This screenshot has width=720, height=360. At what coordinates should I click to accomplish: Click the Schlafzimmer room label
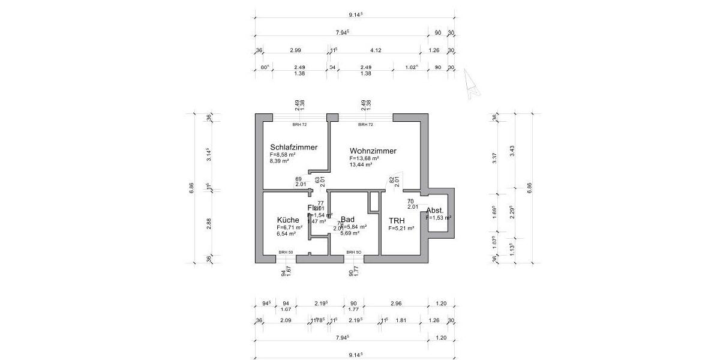coord(293,147)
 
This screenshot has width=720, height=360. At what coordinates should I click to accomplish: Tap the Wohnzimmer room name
coord(373,151)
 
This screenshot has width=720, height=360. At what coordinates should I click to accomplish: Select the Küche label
coord(288,220)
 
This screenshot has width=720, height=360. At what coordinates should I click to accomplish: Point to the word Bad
coord(347,220)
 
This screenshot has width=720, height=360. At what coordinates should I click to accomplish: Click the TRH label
coord(397,220)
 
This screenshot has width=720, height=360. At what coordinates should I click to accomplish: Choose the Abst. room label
coord(435,211)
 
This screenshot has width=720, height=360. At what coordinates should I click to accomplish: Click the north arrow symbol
coord(470,83)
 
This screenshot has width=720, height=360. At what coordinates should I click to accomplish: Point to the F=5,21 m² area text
coord(401,229)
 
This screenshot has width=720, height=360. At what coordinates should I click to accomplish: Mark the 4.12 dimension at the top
coord(376,51)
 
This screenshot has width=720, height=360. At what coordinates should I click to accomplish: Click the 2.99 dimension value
coord(295,51)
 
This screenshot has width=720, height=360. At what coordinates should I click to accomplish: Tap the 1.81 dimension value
coord(401,320)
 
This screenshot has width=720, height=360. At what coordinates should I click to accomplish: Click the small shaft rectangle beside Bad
coord(374,201)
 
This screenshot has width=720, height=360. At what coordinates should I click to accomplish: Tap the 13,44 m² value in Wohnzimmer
coord(361,164)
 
